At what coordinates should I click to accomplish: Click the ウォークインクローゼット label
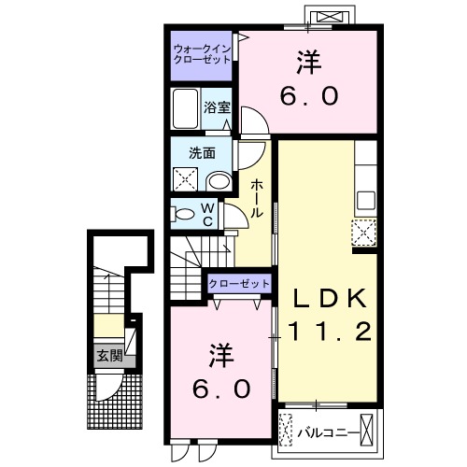coord(203,54)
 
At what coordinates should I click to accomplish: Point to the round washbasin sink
coord(219,181)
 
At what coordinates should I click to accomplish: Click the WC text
coord(211,215)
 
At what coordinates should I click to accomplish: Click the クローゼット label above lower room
coord(238,283)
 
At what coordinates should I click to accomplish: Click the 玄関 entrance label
coord(108,355)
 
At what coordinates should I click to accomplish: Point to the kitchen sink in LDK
coord(365,198)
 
